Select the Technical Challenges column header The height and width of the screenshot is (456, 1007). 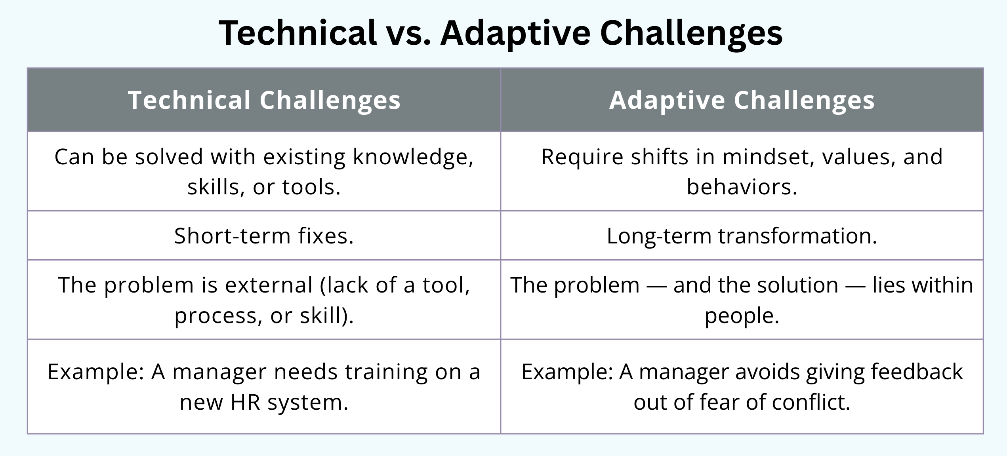264,100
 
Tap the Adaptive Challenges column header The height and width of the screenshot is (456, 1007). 742,100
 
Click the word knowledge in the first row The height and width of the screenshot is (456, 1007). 412,157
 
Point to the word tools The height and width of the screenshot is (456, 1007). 311,187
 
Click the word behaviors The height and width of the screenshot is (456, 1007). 741,187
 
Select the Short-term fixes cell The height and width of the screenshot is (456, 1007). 264,236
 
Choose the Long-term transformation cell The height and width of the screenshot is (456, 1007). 742,236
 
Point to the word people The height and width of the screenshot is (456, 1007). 742,316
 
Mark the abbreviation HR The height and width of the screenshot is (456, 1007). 245,402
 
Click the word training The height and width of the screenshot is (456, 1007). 386,372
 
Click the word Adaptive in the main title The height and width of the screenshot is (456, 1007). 515,33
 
